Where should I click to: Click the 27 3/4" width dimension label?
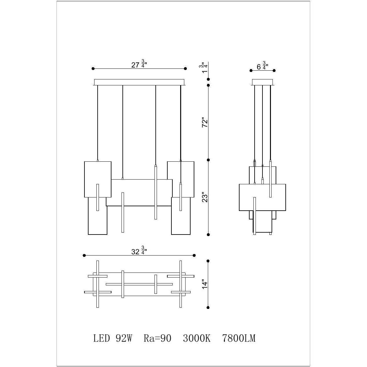coord(139,64)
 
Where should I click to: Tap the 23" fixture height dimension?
coord(205,197)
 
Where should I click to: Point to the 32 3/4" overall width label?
coord(139,251)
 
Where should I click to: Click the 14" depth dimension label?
coord(205,284)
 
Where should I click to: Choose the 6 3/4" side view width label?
coord(262,66)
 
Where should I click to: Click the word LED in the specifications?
coord(102,338)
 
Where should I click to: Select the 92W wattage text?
coord(124,338)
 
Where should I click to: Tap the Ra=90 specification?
coord(158,338)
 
